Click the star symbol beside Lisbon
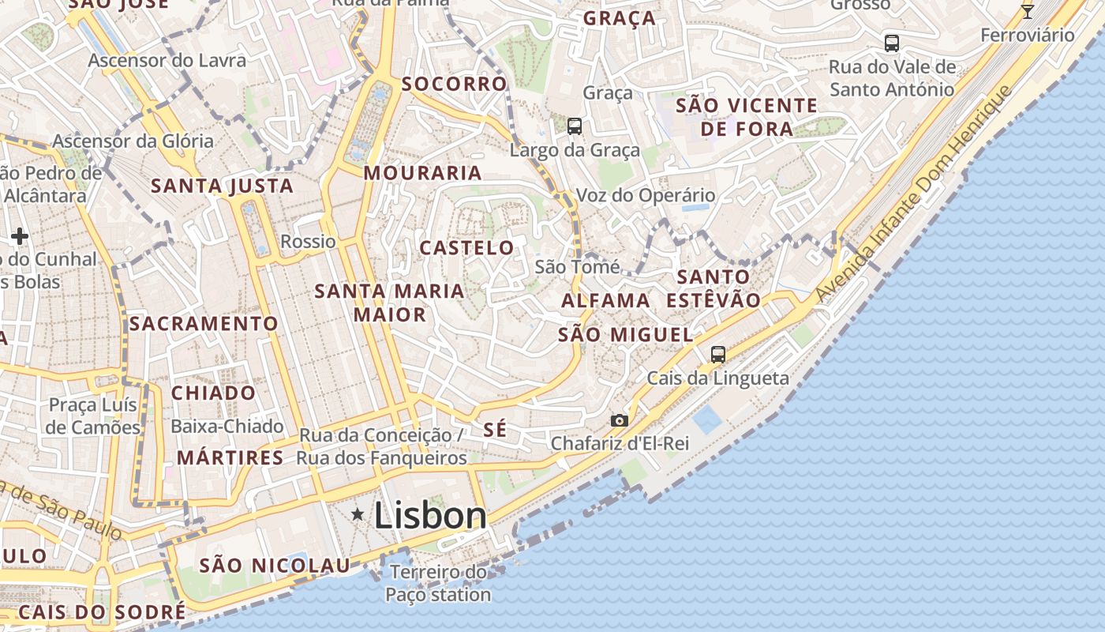(358, 515)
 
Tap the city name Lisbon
(430, 516)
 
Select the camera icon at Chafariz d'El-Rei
(620, 420)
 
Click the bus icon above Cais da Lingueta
(717, 354)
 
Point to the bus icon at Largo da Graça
(575, 126)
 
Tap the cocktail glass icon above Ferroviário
(1027, 11)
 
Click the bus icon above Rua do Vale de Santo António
(892, 43)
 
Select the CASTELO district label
(466, 248)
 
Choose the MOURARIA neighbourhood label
(422, 173)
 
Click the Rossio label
(309, 242)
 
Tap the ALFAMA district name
(605, 301)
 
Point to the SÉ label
(495, 430)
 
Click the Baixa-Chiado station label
(227, 427)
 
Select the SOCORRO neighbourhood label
(454, 84)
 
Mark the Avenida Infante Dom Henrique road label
(913, 194)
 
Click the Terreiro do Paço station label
(439, 583)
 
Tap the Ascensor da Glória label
(133, 141)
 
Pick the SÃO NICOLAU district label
(274, 566)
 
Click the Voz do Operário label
(646, 195)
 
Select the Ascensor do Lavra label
(167, 60)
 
